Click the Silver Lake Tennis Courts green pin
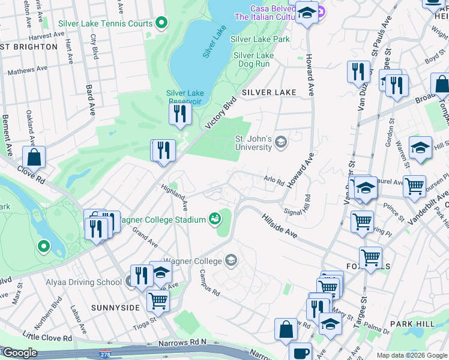(x=161, y=23)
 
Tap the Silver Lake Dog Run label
(x=253, y=59)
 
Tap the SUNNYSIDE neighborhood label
(x=115, y=307)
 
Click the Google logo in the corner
(x=20, y=353)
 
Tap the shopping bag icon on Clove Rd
(x=34, y=157)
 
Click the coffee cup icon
(x=300, y=352)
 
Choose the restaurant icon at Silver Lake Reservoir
(x=180, y=113)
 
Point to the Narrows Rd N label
(x=182, y=343)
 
